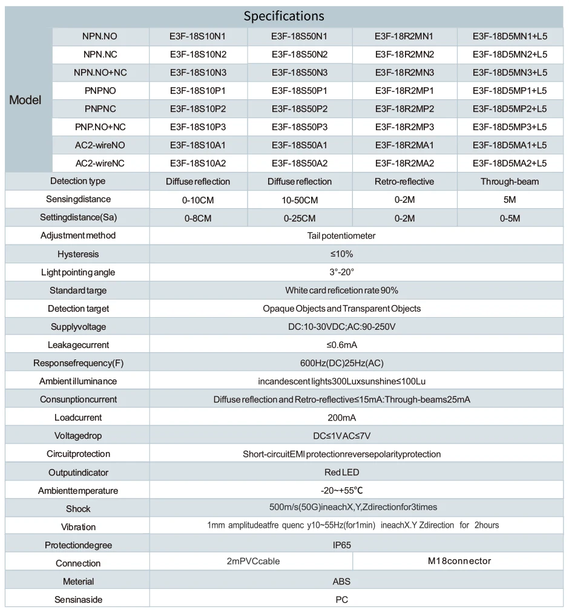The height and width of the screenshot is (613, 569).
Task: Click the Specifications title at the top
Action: click(x=284, y=16)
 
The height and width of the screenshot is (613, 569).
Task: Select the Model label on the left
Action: click(x=25, y=100)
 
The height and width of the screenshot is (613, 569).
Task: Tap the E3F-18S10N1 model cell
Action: click(x=198, y=36)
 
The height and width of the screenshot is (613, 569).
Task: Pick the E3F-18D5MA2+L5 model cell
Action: click(x=510, y=163)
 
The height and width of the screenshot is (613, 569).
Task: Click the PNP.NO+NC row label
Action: click(x=100, y=127)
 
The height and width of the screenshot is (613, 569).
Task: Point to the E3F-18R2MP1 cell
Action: click(x=404, y=91)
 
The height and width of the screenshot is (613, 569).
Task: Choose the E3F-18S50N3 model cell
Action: click(x=300, y=73)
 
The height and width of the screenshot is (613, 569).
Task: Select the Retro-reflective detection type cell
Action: click(x=404, y=182)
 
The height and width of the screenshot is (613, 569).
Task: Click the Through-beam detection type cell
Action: click(x=510, y=182)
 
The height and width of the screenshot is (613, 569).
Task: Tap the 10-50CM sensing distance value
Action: click(x=300, y=200)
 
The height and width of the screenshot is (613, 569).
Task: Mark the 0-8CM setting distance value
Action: click(x=198, y=218)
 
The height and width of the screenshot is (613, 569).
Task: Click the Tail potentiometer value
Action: click(x=341, y=235)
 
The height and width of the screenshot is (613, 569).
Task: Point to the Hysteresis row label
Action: click(x=78, y=254)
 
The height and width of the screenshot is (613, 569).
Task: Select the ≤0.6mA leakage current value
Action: click(x=341, y=345)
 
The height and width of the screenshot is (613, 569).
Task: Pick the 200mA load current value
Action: click(x=341, y=418)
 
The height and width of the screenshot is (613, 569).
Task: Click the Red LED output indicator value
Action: click(x=341, y=472)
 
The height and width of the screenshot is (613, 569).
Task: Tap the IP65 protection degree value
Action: click(x=341, y=545)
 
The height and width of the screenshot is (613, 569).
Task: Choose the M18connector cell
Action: click(x=459, y=561)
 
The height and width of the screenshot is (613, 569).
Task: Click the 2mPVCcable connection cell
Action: click(x=253, y=561)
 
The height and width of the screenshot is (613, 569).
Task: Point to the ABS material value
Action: click(x=341, y=582)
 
